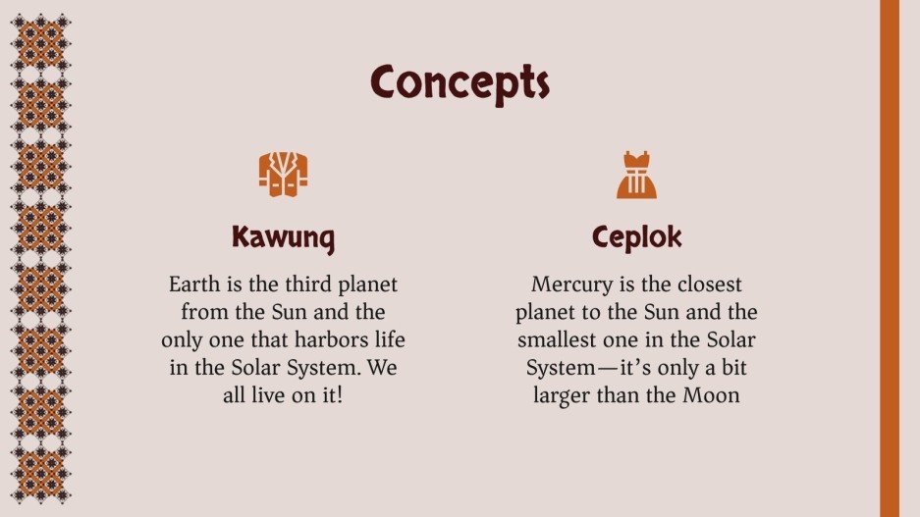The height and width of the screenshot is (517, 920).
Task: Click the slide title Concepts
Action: (x=460, y=82)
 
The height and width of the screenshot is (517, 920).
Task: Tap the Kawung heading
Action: (x=283, y=237)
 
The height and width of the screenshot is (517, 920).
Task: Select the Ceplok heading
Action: (x=636, y=237)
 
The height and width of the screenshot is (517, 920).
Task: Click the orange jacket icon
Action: (x=283, y=174)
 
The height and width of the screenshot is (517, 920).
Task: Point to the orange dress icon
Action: (x=636, y=175)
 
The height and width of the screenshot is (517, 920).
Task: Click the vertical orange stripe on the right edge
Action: (x=889, y=258)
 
